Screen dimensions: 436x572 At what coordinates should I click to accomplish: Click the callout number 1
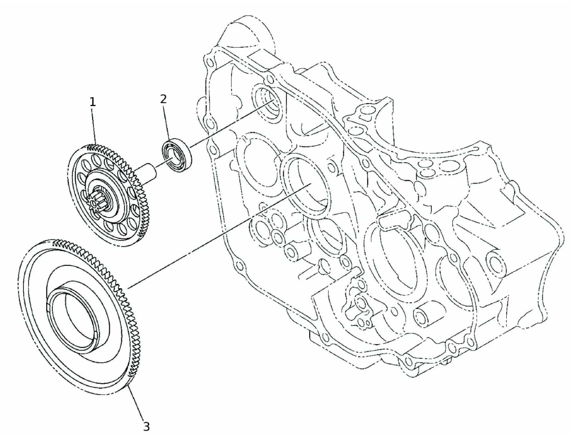[x=92, y=102]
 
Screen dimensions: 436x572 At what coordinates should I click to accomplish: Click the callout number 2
[x=163, y=99]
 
